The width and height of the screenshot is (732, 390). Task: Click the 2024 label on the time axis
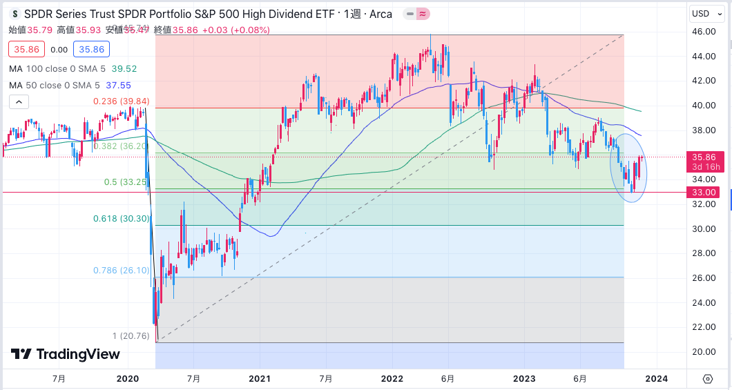(657, 378)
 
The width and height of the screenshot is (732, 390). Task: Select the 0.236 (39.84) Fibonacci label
(122, 101)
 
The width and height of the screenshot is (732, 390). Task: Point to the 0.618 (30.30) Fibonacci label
(122, 219)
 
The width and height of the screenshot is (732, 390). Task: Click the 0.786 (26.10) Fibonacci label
(122, 271)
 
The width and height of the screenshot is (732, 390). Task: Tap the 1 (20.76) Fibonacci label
(131, 336)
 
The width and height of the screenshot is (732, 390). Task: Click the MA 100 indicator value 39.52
(124, 69)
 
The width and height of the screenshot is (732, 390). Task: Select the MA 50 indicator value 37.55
(118, 85)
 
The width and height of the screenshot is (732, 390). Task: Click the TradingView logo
(66, 354)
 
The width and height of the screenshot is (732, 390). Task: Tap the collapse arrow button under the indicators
(19, 102)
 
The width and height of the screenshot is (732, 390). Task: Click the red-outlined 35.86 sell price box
(27, 50)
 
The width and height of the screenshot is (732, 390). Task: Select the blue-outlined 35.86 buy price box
(92, 50)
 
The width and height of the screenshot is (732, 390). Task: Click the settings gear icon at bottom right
(708, 378)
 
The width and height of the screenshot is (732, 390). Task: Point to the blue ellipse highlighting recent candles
(628, 168)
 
